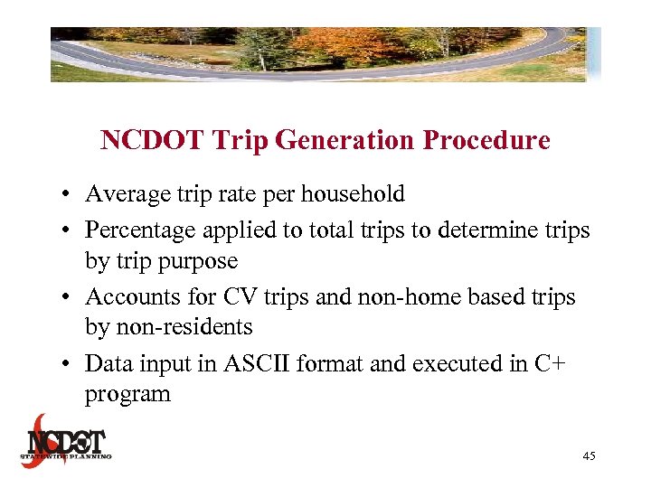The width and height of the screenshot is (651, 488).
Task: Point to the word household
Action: pyautogui.click(x=353, y=194)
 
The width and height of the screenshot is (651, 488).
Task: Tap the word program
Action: pyautogui.click(x=127, y=395)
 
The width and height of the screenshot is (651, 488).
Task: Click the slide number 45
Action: pyautogui.click(x=589, y=457)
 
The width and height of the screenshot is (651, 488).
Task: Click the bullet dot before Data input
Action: pyautogui.click(x=68, y=363)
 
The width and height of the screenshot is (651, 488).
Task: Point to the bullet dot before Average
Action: pyautogui.click(x=68, y=195)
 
